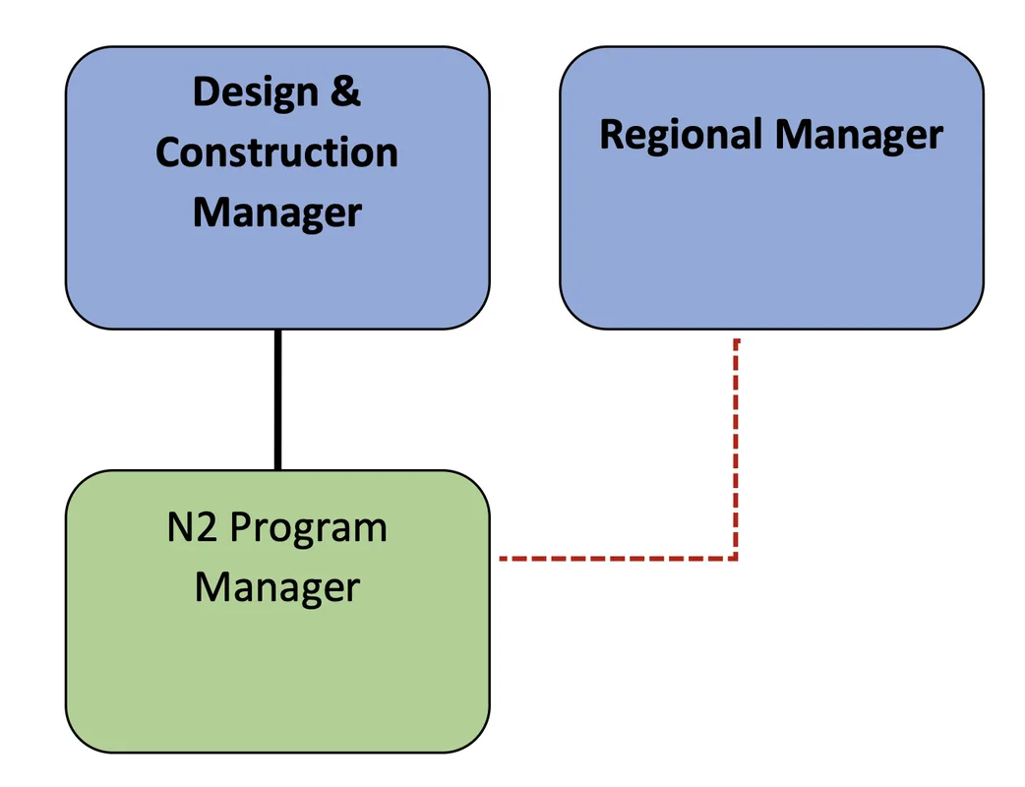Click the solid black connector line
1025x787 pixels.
(x=277, y=399)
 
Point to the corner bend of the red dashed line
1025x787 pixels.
(x=736, y=558)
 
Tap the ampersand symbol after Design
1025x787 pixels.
(x=343, y=92)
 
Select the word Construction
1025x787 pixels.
(x=276, y=152)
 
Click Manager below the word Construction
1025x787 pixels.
(x=276, y=212)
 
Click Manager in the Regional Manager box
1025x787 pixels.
(x=858, y=135)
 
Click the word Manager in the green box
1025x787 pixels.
(x=276, y=588)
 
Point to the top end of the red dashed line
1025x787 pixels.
(x=736, y=342)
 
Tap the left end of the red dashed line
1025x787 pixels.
(x=503, y=558)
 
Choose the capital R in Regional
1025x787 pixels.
(x=611, y=135)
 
